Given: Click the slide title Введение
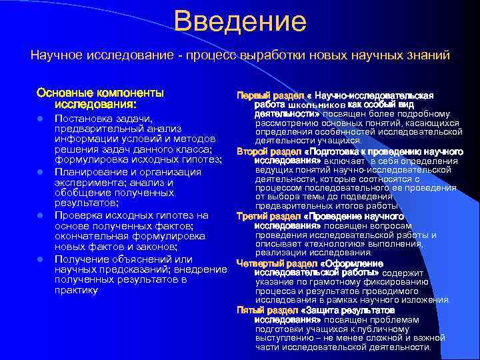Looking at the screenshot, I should coord(240,21).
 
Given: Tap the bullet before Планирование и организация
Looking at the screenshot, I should coord(41,173).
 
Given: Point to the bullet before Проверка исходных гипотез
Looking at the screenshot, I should coord(41,216).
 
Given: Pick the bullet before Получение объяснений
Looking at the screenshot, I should coord(41,259).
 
